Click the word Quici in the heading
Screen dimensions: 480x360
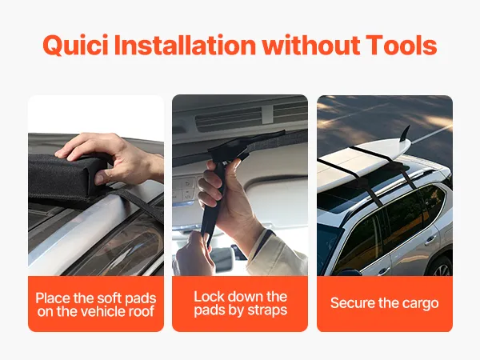[x=75, y=45]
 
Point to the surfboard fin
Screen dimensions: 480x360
[x=405, y=134]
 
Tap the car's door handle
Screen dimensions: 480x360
[x=430, y=239]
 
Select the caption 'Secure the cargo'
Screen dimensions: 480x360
[x=385, y=303]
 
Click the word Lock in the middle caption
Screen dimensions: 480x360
[x=209, y=296]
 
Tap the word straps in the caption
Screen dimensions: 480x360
[x=267, y=310]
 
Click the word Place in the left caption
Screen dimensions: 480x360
[x=53, y=298]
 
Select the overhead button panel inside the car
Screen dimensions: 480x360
[x=186, y=189]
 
